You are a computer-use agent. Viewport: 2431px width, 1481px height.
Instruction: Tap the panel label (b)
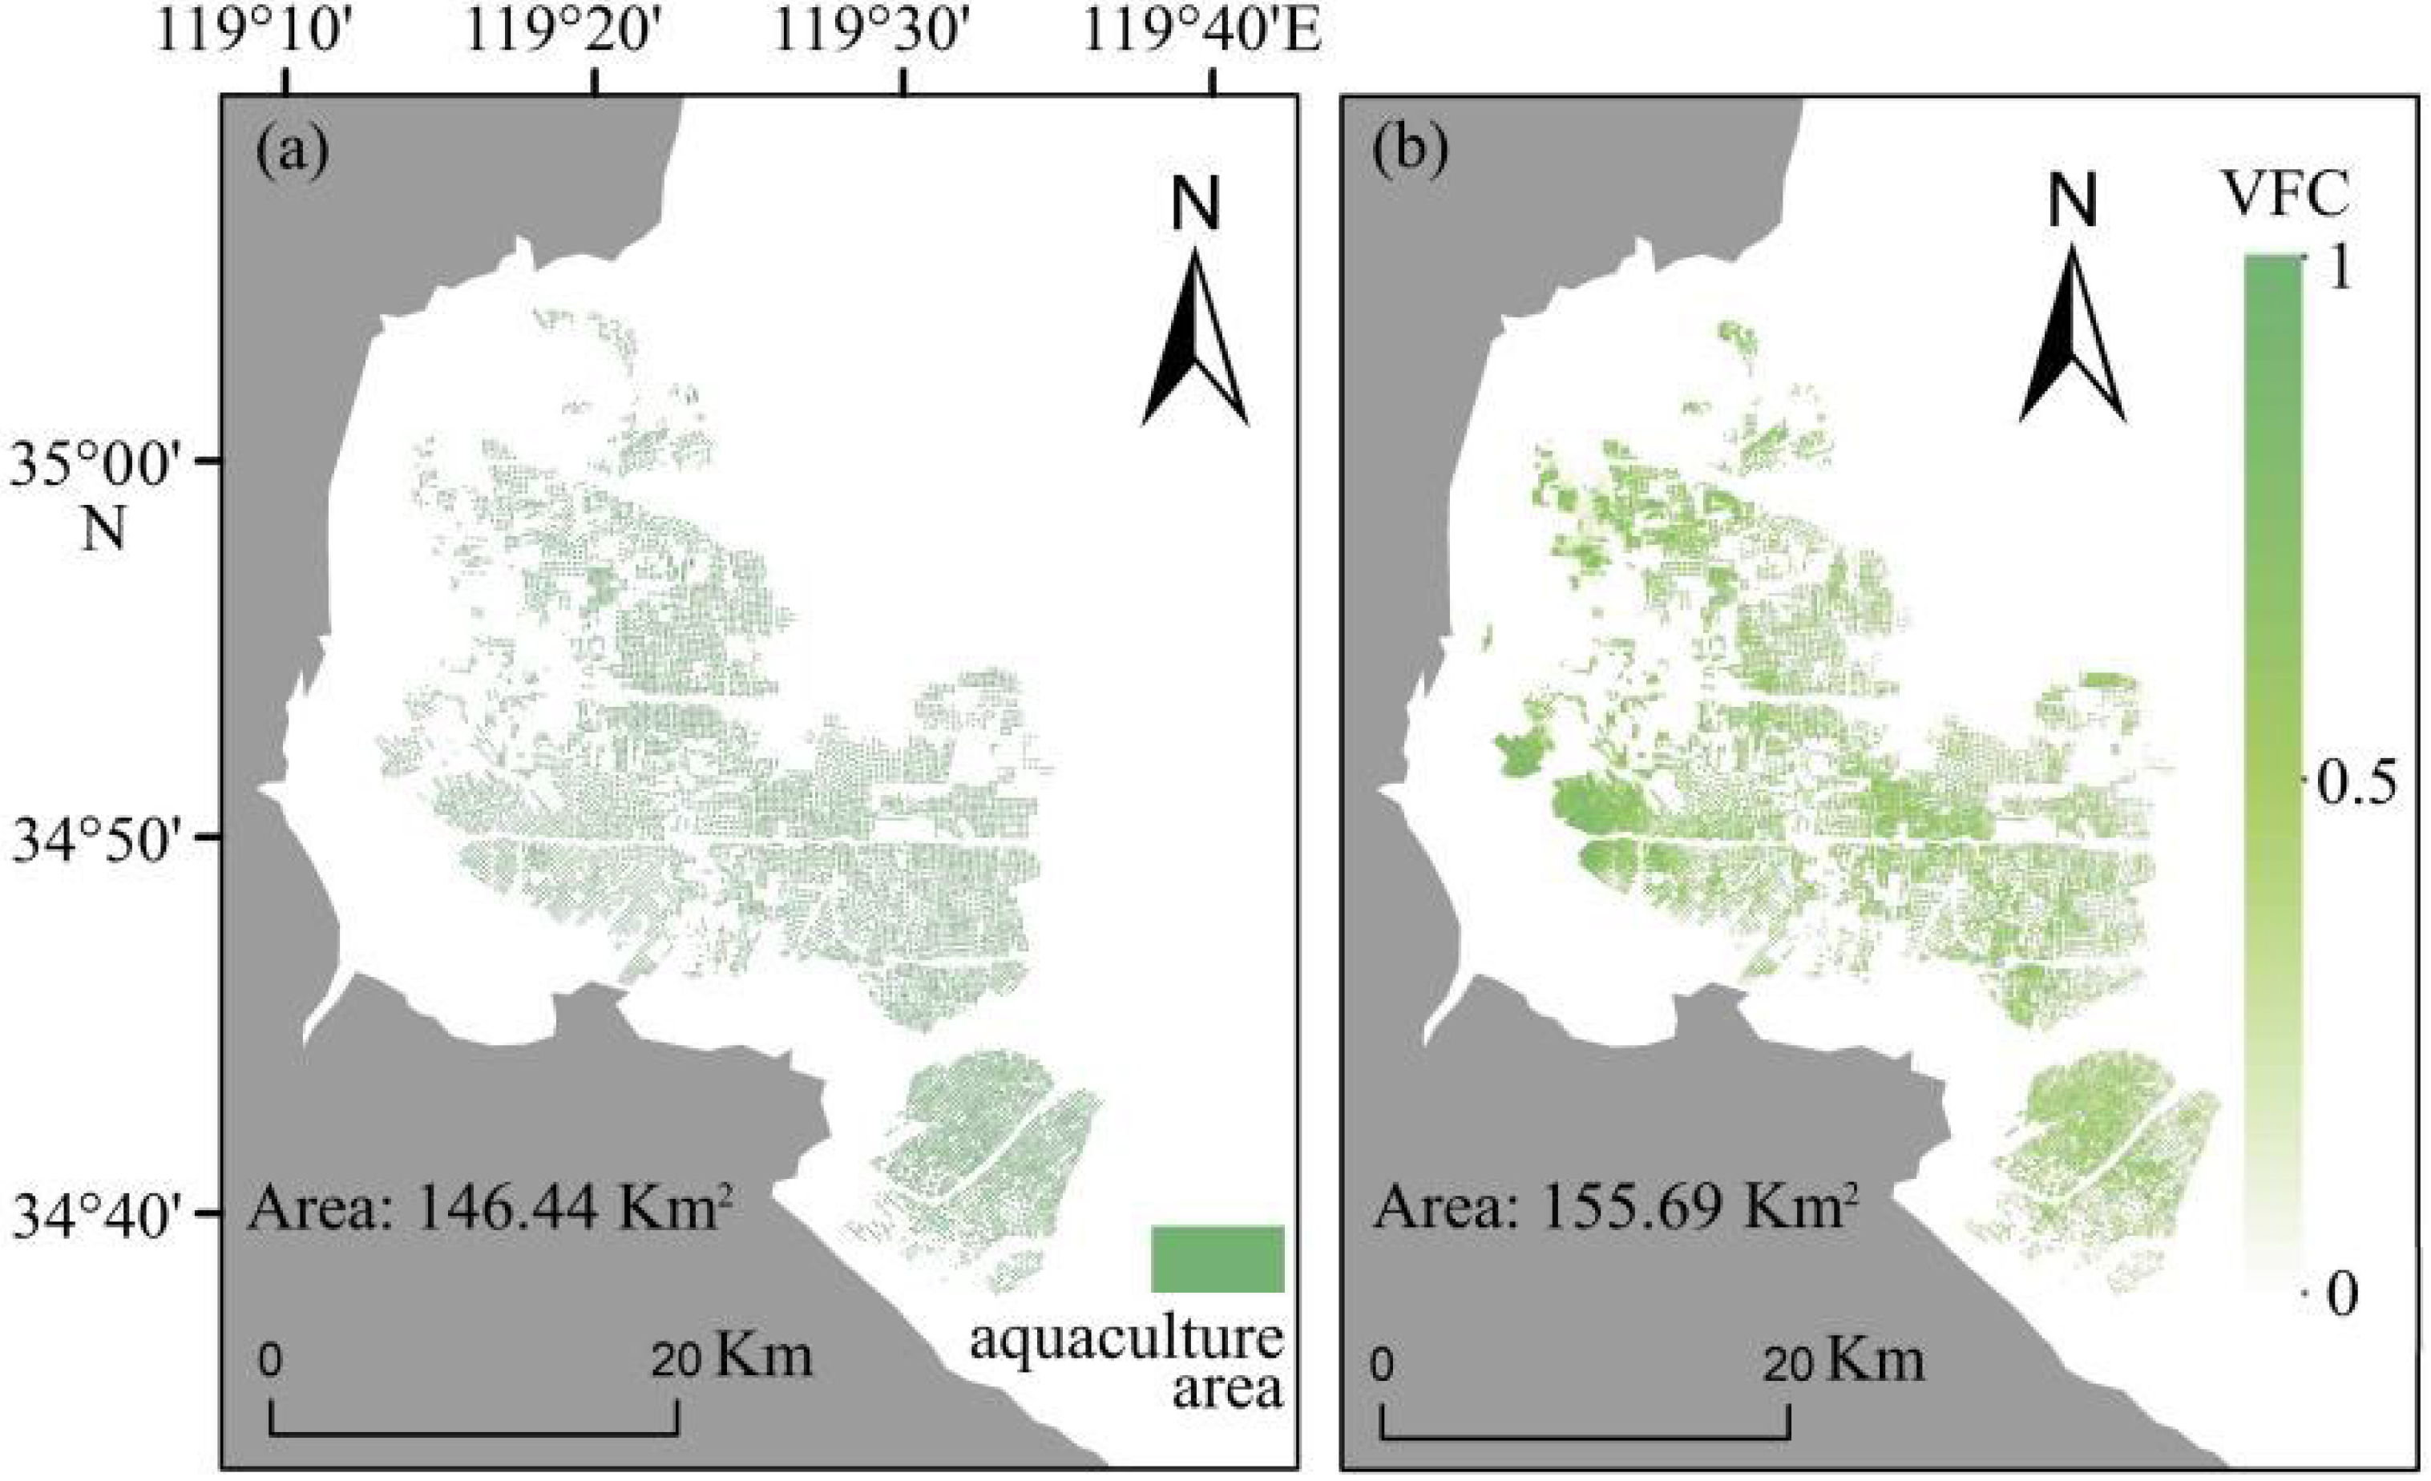click(x=1411, y=153)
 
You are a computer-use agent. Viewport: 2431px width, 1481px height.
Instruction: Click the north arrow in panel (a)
click(x=1196, y=336)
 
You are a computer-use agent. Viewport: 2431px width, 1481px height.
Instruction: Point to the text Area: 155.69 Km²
click(x=1611, y=1209)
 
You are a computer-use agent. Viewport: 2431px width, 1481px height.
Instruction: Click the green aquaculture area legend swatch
click(x=1218, y=1258)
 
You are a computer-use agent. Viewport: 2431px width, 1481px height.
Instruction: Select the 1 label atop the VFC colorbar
click(x=2338, y=269)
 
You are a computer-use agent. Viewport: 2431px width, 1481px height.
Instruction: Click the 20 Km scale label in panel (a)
click(x=731, y=1358)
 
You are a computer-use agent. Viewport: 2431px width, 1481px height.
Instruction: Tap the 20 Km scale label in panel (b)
click(x=1843, y=1362)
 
